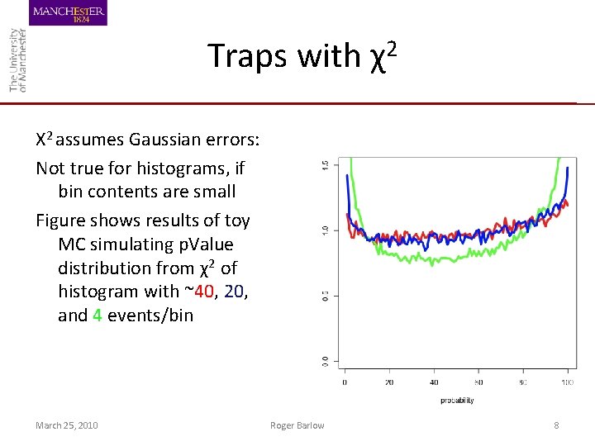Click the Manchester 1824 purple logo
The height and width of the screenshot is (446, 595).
[x=69, y=13]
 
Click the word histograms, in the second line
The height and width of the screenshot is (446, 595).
[x=176, y=168]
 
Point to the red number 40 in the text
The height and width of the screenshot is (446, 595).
[x=205, y=292]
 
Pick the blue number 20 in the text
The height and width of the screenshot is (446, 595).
[x=236, y=292]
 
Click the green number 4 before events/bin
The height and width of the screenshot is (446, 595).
[x=98, y=315]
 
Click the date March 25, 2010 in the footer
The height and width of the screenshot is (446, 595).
[x=66, y=425]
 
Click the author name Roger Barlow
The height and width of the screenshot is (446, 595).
[x=297, y=425]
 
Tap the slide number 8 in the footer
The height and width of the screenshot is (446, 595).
[x=556, y=425]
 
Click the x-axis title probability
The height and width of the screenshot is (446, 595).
[x=457, y=401]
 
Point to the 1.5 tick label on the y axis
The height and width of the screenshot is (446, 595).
[x=325, y=165]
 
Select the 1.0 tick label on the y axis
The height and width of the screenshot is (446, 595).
[x=325, y=230]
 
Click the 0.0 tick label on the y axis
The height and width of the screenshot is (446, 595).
[x=325, y=361]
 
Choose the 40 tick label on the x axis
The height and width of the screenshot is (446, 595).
[x=434, y=382]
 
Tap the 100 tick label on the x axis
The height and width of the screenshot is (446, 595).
[x=567, y=382]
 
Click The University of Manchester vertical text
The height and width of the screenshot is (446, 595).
[x=17, y=59]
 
